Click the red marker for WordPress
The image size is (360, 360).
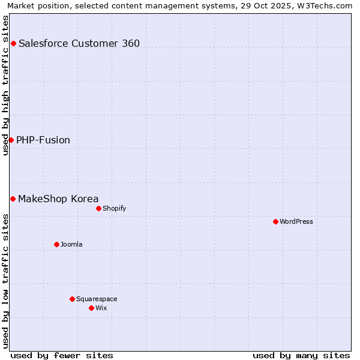point(275,221)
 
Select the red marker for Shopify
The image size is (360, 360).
point(98,208)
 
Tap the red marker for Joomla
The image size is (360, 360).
point(56,244)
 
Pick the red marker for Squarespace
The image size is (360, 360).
point(72,299)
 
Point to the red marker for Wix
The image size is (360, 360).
point(91,308)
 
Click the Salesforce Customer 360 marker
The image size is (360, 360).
point(13,43)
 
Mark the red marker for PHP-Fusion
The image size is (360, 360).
point(11,140)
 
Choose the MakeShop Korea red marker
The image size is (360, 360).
point(13,199)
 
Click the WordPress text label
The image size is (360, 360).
point(296,221)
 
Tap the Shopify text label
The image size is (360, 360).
point(114,208)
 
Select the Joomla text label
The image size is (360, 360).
point(71,244)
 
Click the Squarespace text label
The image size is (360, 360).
point(97,299)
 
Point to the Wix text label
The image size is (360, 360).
point(101,308)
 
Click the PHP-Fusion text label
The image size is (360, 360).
point(43,140)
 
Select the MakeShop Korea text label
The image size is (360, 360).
point(58,199)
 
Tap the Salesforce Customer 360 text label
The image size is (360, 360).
point(79,43)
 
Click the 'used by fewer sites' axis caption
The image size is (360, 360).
point(62,355)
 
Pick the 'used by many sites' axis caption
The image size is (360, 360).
point(301,355)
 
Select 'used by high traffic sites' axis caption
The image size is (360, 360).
point(6,85)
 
